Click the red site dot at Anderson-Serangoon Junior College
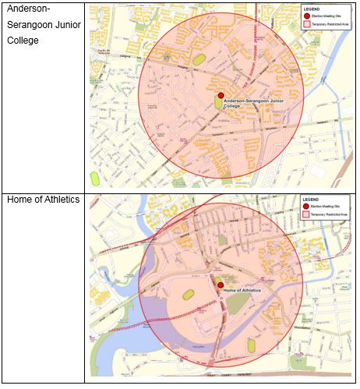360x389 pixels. point(221,95)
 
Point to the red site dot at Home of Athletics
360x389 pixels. point(220,285)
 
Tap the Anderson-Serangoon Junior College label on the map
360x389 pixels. point(248,102)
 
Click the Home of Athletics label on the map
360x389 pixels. point(242,290)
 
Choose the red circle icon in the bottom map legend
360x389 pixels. point(306,207)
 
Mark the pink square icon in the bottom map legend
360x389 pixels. point(306,215)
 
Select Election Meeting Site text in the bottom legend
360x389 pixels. point(324,207)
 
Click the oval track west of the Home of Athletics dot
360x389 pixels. point(187,294)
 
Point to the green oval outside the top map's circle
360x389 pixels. point(95,179)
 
